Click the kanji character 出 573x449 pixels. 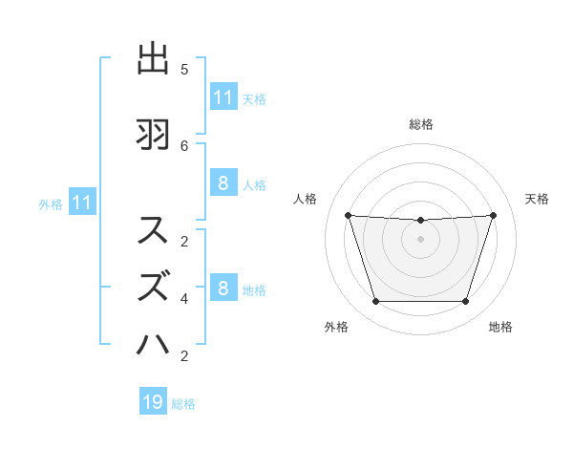pos(154,60)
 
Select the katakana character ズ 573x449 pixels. pos(154,286)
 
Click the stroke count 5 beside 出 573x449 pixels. pos(184,70)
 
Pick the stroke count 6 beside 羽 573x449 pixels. pos(184,145)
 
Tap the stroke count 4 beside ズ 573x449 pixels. pos(184,298)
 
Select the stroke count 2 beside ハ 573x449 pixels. pos(184,356)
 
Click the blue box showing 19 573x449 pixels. pos(153,402)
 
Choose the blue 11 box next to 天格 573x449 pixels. pos(223,97)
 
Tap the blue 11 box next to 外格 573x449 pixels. pos(81,203)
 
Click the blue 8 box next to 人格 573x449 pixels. pos(223,183)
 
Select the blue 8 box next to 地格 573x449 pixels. pos(223,289)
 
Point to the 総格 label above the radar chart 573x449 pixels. pos(421,124)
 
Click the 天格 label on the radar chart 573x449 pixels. pos(537,199)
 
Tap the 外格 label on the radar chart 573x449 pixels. pos(336,327)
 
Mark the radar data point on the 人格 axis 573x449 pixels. pos(348,215)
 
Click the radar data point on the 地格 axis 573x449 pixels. pos(466,302)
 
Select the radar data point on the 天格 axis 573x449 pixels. pos(494,215)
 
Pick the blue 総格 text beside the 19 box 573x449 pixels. pos(183,404)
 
